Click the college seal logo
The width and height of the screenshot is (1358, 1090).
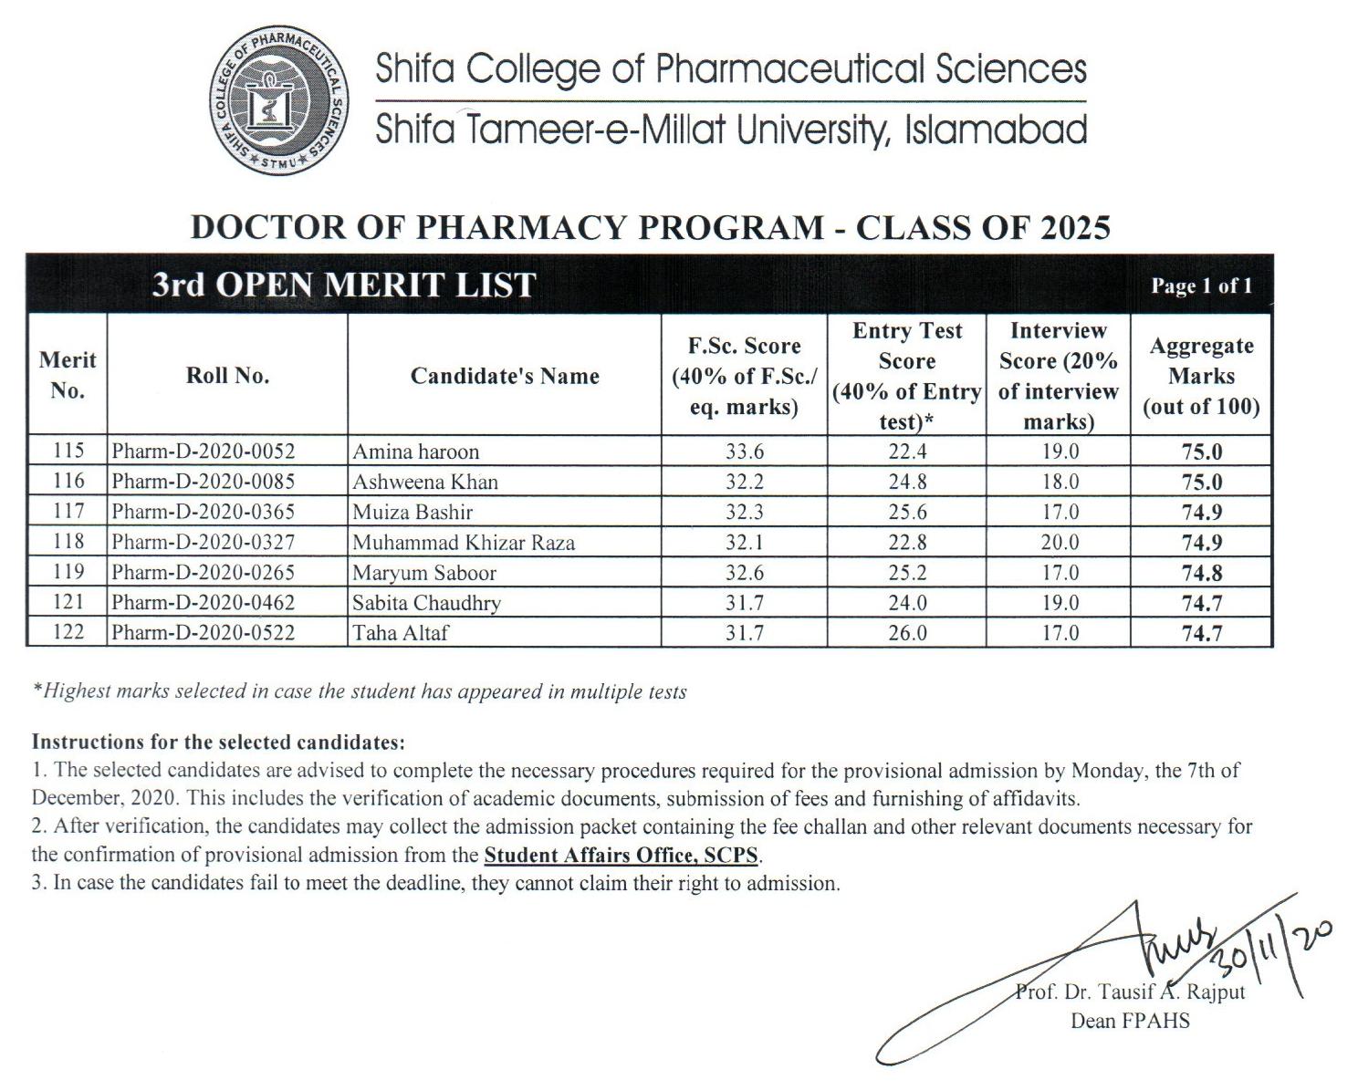click(281, 101)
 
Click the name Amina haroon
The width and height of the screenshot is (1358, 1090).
click(415, 452)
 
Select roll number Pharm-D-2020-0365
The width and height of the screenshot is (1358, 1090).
click(203, 512)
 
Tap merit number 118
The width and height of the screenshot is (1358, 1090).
click(68, 542)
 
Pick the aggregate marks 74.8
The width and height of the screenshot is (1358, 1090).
click(1202, 573)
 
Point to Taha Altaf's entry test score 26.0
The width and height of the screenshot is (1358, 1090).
click(907, 633)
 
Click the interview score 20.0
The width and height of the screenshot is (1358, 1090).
click(1060, 543)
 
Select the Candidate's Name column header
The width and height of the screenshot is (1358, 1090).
click(504, 376)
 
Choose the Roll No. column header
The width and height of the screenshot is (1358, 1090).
click(227, 376)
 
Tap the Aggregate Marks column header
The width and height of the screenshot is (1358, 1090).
click(1201, 376)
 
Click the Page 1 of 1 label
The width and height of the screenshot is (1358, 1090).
click(1201, 286)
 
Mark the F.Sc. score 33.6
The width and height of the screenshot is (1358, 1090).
click(744, 452)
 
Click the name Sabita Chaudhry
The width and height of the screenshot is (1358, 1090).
click(426, 603)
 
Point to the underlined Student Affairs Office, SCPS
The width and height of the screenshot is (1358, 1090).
click(622, 856)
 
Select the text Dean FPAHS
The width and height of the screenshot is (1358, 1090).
click(1130, 1021)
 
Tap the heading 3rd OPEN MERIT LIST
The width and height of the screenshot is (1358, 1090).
click(343, 285)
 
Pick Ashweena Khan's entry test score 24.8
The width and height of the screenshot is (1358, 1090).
click(907, 482)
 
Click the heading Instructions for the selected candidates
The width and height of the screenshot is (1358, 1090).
click(218, 742)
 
